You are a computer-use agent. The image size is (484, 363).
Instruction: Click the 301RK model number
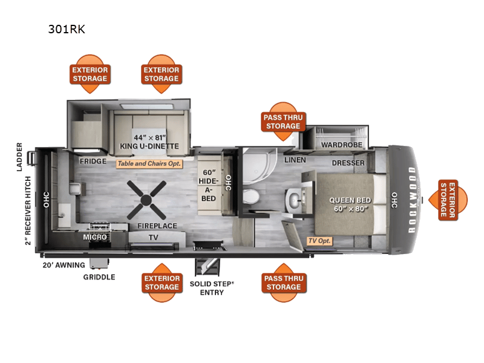(x=67, y=28)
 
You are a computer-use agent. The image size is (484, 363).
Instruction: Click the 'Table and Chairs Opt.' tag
(x=149, y=163)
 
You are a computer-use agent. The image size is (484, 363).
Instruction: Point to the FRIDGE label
(x=93, y=162)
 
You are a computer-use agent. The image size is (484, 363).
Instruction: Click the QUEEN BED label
(x=350, y=205)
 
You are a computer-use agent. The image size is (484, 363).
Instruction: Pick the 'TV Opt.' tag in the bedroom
(x=320, y=241)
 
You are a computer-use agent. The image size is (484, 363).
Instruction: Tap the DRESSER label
(x=348, y=163)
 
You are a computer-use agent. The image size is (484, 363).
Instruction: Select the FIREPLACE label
(x=157, y=226)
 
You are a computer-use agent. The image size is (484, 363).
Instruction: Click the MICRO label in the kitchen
(x=95, y=237)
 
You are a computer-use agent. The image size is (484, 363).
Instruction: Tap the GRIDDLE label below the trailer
(x=99, y=277)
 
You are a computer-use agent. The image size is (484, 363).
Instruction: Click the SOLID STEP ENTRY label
(x=208, y=288)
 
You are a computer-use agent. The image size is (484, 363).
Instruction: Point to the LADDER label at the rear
(x=20, y=157)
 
